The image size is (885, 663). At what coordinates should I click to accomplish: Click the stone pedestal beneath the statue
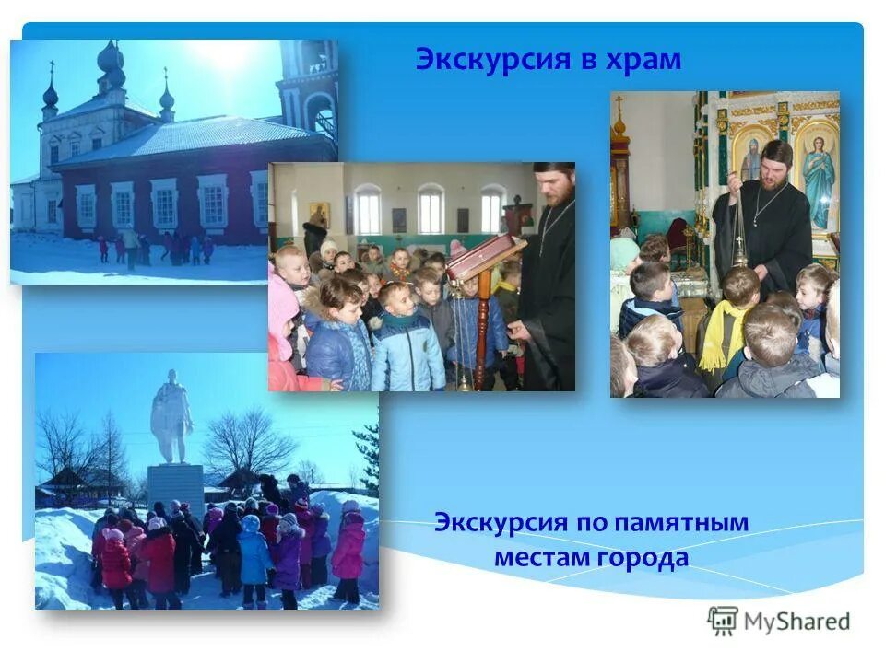[x=175, y=487]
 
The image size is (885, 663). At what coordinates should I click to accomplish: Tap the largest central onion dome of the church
[x=111, y=64]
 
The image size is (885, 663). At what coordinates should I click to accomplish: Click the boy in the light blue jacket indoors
[x=405, y=345]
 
